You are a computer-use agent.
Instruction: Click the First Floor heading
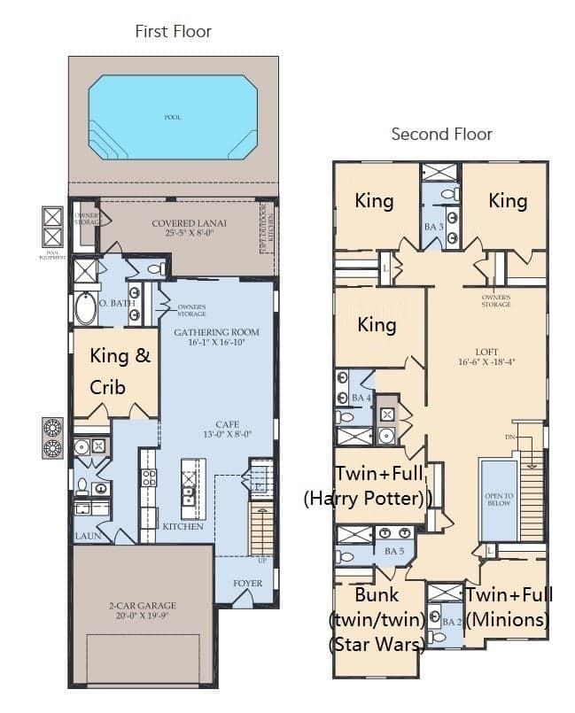click(173, 32)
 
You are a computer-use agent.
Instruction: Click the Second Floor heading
click(441, 135)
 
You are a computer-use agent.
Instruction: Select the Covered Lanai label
click(189, 229)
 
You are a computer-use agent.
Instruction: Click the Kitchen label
click(183, 526)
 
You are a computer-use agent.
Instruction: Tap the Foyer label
click(247, 584)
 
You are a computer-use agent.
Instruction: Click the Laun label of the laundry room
click(86, 536)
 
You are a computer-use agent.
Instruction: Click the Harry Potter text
click(368, 499)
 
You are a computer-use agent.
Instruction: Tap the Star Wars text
click(376, 644)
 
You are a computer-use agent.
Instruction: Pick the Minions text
click(508, 618)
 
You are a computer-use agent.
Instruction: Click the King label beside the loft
click(377, 325)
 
